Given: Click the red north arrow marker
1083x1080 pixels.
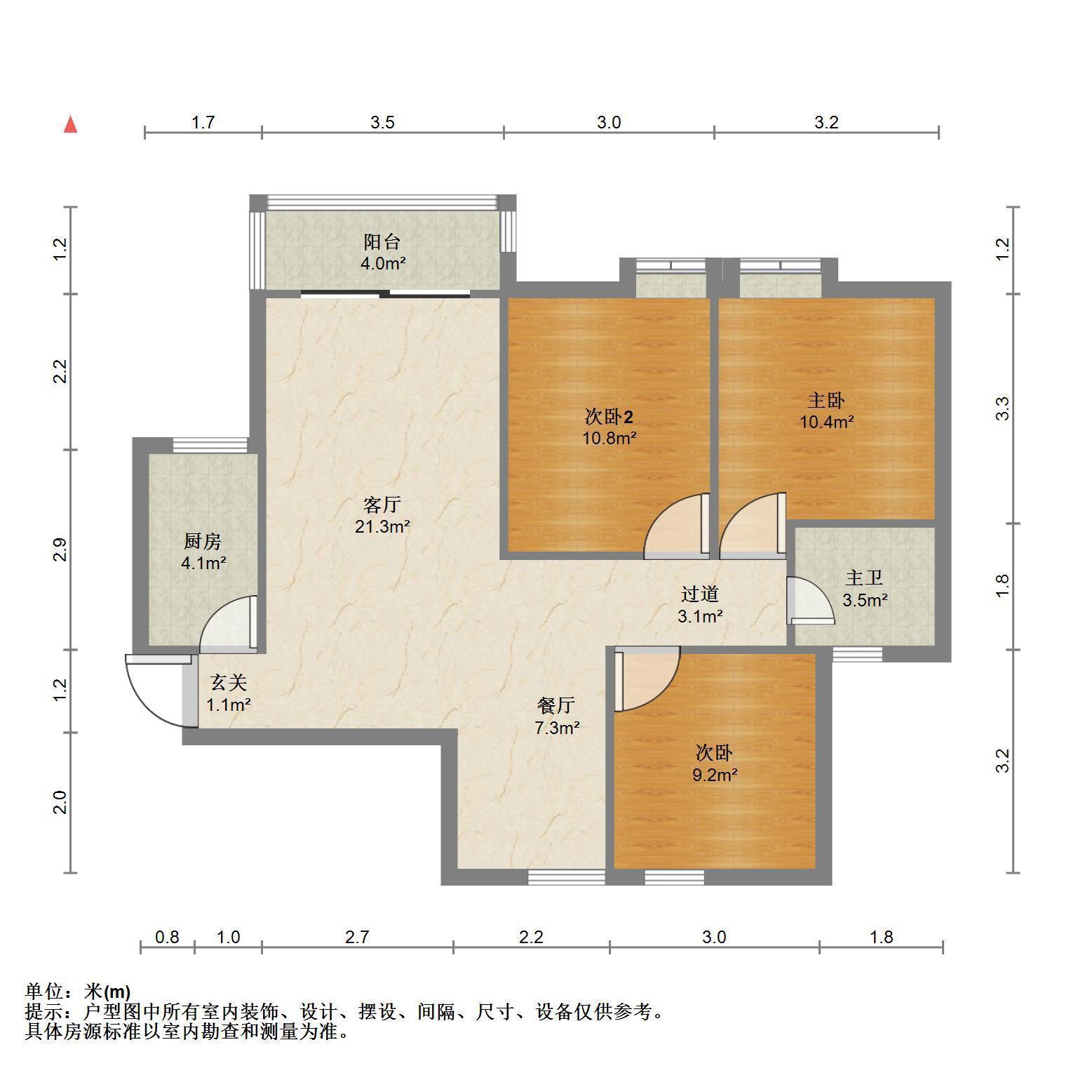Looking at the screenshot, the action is pos(70,124).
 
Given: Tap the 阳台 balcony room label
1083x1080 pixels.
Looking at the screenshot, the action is pos(382,242).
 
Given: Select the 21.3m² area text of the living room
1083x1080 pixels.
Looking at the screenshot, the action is pos(382,526).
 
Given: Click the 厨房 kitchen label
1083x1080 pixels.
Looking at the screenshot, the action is pos(203,541).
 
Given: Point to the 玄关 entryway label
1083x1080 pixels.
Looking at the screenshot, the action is pos(229,682).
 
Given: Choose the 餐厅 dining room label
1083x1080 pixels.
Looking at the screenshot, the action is pos(557,705).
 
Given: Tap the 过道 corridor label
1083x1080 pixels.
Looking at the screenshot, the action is pos(700,594).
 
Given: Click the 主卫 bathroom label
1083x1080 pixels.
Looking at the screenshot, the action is pos(864,578).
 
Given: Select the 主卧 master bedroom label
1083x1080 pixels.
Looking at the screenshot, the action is pos(826,400).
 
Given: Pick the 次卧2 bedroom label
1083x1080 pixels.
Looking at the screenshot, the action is pos(610,417).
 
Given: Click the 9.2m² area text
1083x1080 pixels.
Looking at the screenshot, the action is pos(715,775).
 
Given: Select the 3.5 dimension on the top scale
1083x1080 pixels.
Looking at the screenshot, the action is pos(382,122).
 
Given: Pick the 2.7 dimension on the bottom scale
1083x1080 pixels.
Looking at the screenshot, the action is pos(357,937).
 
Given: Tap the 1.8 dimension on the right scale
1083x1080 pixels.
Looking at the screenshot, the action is pos(1003,586).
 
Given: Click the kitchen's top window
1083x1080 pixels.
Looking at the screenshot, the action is pos(210,445).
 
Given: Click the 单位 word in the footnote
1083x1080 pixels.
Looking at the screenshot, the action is pos(44,992).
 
